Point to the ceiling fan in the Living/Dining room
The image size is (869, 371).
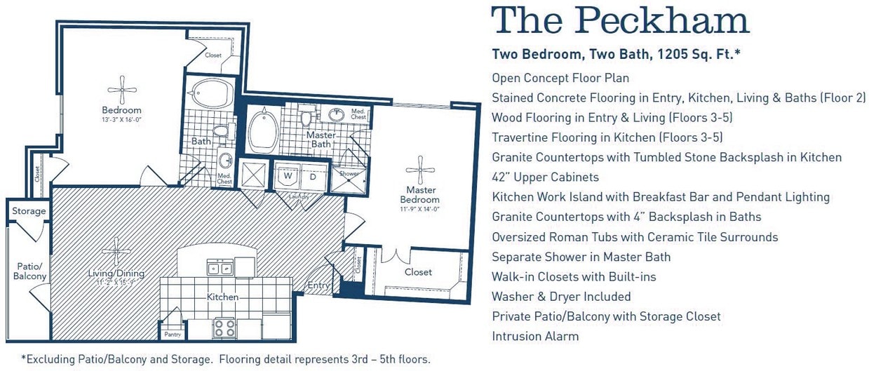[116, 252]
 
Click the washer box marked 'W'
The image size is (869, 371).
[288, 175]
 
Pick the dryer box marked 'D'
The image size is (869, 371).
[313, 175]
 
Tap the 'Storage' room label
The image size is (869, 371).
[29, 211]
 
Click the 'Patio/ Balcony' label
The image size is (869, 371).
[30, 271]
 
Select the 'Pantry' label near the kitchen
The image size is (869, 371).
[173, 335]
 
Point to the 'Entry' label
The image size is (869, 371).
[319, 285]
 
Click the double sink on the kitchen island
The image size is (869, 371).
[220, 267]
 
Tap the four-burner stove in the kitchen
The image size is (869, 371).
[224, 328]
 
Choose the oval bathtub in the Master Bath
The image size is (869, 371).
[264, 130]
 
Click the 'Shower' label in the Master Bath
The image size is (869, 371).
[349, 173]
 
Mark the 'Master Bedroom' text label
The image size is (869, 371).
[421, 194]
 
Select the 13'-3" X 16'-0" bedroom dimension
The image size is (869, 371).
[122, 119]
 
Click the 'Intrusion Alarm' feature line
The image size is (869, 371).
[535, 336]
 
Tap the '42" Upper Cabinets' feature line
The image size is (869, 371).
[545, 177]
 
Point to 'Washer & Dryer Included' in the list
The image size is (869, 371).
[561, 297]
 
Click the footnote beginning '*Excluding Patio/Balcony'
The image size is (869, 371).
[225, 359]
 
